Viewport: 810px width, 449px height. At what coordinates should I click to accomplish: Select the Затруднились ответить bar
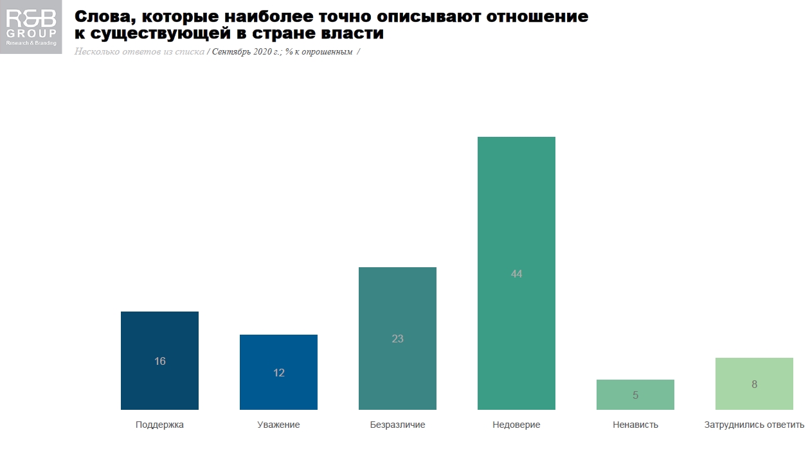(x=754, y=398)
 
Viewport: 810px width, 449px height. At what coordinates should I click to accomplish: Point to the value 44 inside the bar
(x=516, y=274)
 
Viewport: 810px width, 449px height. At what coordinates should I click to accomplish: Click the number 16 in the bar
(x=160, y=361)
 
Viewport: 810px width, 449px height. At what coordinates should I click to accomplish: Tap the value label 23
(x=397, y=339)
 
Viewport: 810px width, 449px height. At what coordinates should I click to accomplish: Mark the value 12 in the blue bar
(x=279, y=373)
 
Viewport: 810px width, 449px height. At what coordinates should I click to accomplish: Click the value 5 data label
(x=635, y=396)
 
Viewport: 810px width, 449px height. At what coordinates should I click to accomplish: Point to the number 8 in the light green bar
(x=754, y=385)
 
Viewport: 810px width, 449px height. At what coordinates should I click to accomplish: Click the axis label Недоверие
(x=516, y=425)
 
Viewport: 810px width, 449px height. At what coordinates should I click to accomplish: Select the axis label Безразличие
(x=397, y=425)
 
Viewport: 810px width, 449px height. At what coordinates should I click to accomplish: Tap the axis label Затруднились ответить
(x=754, y=425)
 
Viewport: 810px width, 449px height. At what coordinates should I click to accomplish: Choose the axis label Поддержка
(x=159, y=425)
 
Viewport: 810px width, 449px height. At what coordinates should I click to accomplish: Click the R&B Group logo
(x=31, y=27)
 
